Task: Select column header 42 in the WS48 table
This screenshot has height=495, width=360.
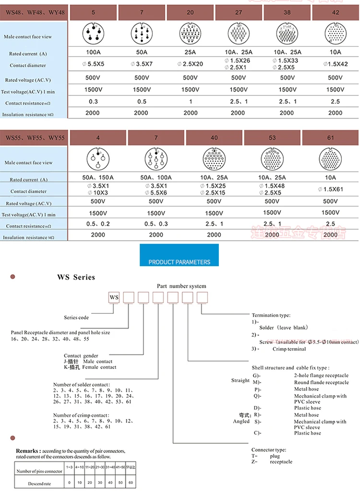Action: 336,12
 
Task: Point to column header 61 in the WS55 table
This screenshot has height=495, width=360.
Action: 331,138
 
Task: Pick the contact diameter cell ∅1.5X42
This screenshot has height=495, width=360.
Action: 335,64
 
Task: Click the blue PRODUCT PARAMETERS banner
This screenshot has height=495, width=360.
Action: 179,262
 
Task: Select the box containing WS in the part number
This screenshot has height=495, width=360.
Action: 114,297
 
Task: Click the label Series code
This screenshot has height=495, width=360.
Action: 76,318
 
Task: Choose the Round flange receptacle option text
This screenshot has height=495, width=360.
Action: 321,382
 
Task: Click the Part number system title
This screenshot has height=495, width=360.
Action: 181,286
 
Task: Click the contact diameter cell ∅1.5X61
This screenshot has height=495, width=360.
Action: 330,189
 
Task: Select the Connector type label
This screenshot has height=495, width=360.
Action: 269,449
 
